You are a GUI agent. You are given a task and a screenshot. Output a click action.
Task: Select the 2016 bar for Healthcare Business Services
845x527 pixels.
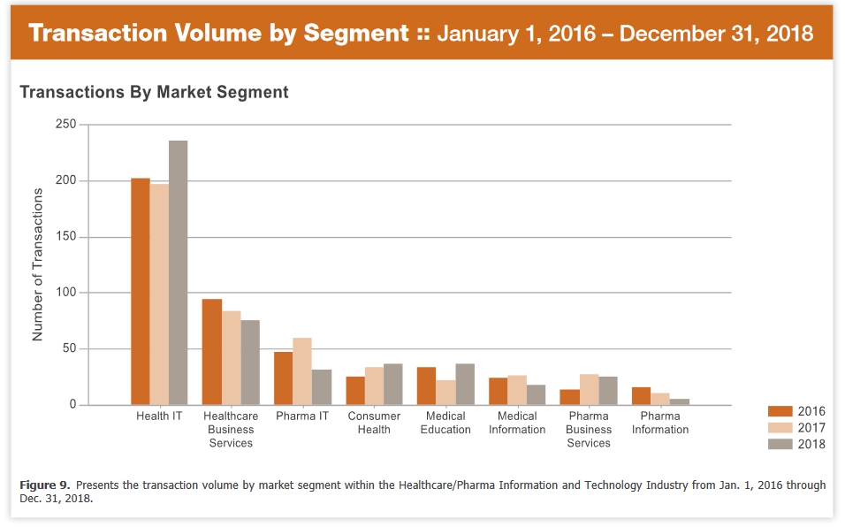click(x=211, y=352)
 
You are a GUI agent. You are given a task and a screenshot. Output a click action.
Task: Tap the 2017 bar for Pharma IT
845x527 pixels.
click(x=302, y=371)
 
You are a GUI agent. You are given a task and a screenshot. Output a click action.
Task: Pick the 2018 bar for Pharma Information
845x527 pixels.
click(x=679, y=402)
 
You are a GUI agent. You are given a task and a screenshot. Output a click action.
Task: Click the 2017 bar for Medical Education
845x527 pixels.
click(x=445, y=393)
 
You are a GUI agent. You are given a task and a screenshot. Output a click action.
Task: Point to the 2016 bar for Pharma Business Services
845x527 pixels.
click(x=569, y=397)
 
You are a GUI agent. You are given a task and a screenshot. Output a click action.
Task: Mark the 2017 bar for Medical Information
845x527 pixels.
click(x=517, y=390)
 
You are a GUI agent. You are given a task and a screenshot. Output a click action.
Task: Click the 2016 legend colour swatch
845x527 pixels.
click(x=780, y=411)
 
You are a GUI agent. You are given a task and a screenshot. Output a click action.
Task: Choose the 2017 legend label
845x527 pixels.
click(x=811, y=428)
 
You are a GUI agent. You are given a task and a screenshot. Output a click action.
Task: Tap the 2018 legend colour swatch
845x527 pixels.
click(x=780, y=444)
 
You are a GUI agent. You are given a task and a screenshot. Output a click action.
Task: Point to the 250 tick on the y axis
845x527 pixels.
click(x=65, y=126)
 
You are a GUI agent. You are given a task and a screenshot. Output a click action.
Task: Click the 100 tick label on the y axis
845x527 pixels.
click(x=65, y=293)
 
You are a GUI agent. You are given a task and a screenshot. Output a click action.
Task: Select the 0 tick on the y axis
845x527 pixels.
click(x=72, y=405)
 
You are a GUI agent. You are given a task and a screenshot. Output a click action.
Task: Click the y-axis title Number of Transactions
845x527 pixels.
click(x=37, y=264)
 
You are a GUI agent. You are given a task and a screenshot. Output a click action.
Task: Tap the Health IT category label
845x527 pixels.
click(x=159, y=416)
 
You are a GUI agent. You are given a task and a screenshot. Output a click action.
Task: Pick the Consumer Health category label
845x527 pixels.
click(x=374, y=423)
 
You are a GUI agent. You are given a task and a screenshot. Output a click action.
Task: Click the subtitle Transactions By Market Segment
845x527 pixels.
click(x=154, y=92)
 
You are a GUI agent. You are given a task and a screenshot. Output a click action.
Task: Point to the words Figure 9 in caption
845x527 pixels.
click(x=43, y=485)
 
